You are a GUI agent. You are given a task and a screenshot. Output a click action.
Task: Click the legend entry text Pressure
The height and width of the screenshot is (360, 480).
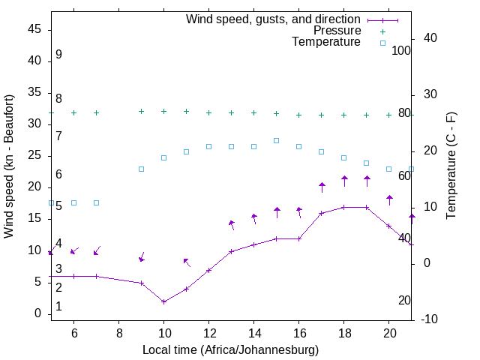(337, 31)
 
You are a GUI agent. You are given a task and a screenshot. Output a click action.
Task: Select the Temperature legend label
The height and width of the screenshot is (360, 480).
(326, 42)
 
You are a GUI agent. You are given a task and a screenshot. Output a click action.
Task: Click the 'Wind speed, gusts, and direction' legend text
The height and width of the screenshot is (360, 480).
(273, 19)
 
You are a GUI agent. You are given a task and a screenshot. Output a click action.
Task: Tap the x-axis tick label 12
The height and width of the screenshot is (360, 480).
(208, 333)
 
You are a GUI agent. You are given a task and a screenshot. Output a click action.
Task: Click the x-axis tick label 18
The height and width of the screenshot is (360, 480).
(343, 333)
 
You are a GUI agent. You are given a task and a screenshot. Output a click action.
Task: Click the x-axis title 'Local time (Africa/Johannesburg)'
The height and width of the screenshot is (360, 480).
(230, 350)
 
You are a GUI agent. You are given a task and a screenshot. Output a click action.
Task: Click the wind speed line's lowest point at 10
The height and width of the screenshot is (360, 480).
(163, 301)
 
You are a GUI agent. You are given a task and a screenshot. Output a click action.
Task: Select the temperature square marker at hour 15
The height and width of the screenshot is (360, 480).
(276, 140)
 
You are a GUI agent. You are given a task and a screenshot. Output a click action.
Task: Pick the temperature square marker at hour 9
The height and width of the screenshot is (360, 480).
(141, 169)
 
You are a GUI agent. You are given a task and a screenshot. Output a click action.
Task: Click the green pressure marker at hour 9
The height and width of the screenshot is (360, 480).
(141, 111)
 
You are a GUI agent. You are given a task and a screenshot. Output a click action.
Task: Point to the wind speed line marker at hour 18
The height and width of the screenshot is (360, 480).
(343, 207)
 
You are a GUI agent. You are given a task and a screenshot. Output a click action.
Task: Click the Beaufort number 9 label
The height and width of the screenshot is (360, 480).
(58, 55)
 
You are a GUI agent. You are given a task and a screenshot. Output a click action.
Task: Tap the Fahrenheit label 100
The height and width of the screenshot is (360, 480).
(401, 50)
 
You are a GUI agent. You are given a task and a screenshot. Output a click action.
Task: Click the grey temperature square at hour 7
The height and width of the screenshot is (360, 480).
(96, 202)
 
